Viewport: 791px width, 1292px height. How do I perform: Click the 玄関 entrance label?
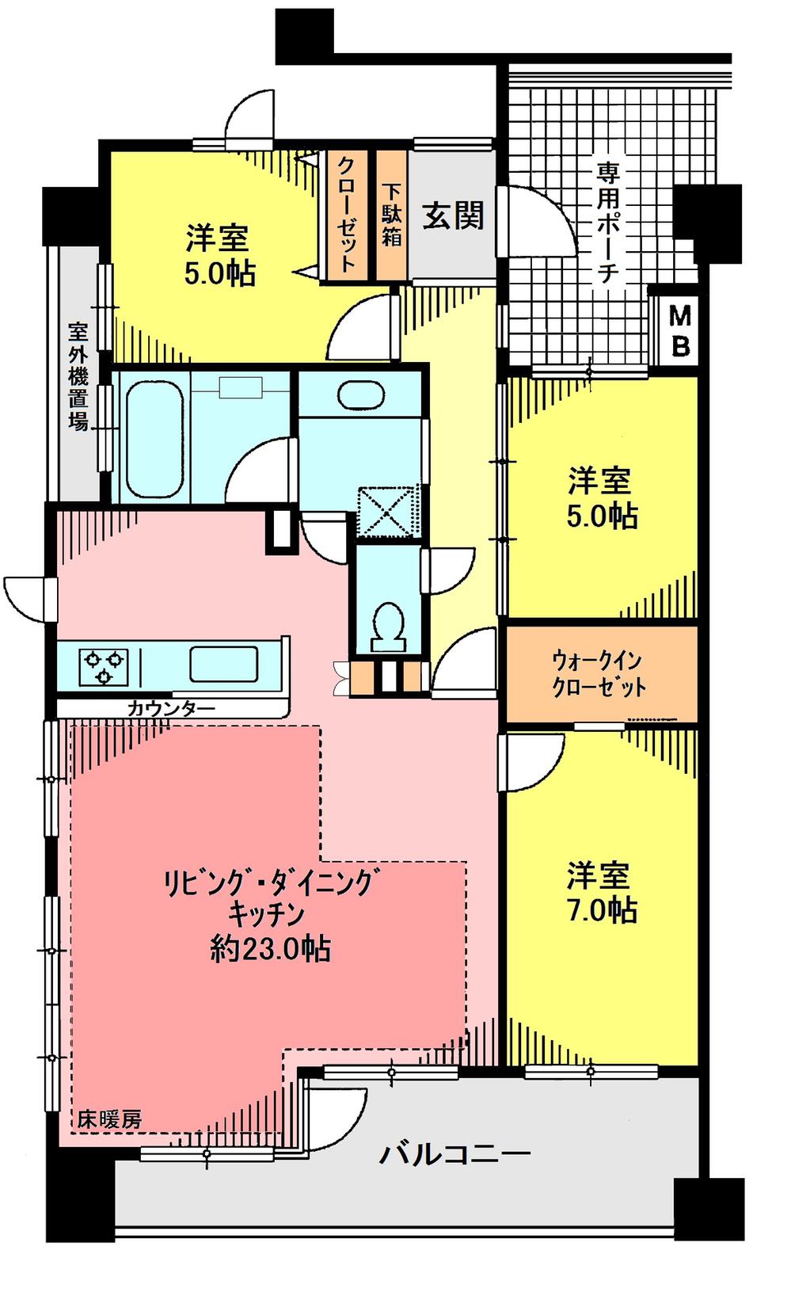(453, 215)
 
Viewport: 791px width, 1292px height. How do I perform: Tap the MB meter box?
(680, 331)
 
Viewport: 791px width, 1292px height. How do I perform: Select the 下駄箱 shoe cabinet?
(392, 215)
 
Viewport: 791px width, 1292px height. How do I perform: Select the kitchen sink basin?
(223, 665)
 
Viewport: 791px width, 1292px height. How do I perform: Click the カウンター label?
(170, 707)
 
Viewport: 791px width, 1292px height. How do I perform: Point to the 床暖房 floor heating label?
(110, 1119)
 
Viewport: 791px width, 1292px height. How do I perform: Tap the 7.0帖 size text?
(602, 911)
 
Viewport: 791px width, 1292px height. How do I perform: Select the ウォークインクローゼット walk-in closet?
(599, 673)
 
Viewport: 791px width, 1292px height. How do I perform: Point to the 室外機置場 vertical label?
(78, 375)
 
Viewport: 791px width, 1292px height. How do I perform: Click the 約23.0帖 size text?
(271, 948)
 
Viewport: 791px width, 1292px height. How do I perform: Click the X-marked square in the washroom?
(386, 513)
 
